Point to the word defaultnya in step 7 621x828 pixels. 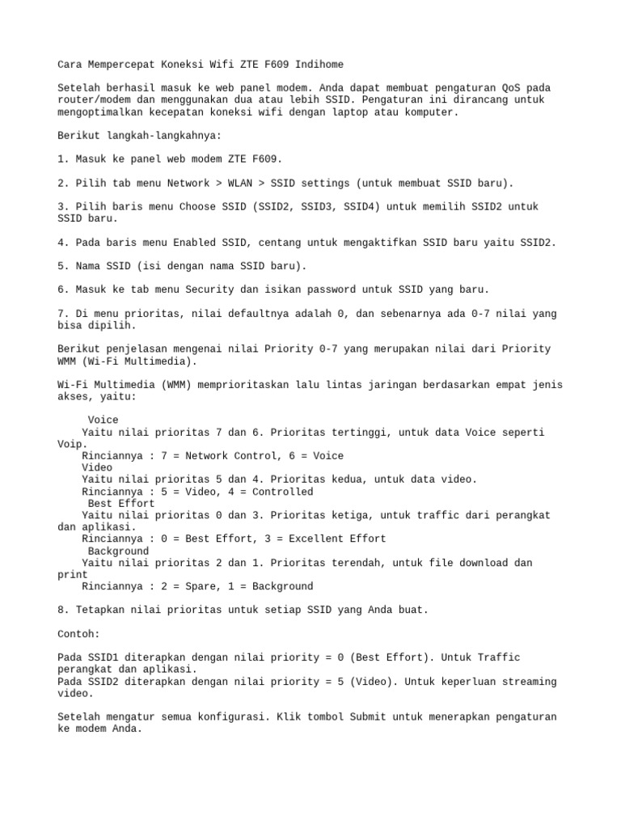251,314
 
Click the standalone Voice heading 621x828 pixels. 103,420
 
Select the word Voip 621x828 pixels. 73,444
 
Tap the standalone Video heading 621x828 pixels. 97,467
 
